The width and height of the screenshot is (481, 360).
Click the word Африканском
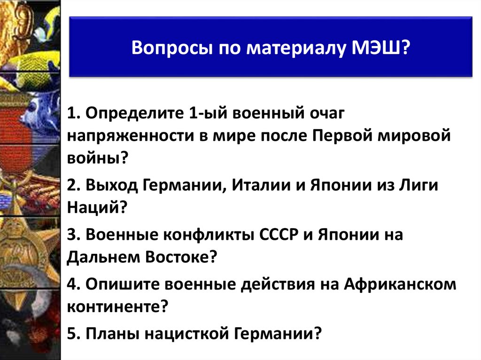click(x=400, y=284)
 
